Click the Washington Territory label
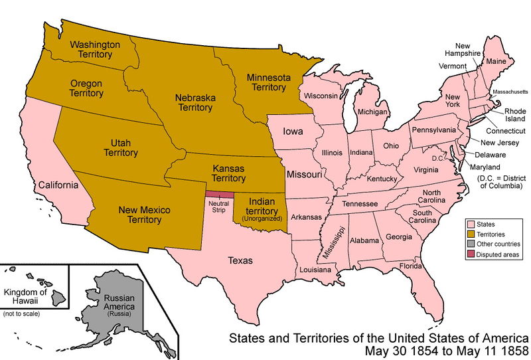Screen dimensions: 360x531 pos(95,50)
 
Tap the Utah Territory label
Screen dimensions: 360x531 pos(120,147)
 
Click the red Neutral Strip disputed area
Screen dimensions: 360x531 pos(219,194)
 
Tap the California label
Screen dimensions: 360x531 pos(58,185)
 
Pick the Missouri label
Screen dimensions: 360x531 pos(304,174)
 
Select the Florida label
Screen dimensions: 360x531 pos(410,267)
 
